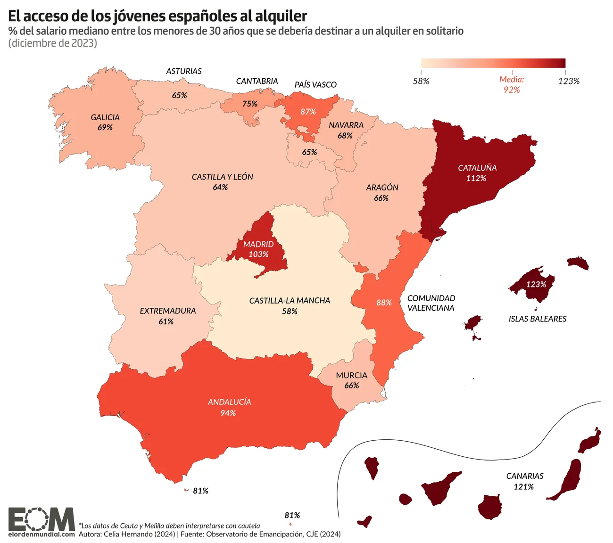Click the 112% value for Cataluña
476,178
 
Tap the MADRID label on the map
258,244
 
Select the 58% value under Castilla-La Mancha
290,311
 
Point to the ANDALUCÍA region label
229,402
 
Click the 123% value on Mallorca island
536,284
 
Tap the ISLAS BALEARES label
537,319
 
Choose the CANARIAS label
525,476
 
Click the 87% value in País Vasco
308,112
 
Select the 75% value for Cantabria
250,104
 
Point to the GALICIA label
105,117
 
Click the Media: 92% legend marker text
512,84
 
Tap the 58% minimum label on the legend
421,81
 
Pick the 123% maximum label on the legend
569,81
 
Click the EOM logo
41,519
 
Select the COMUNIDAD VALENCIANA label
431,303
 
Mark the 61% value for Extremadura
166,321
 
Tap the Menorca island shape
578,263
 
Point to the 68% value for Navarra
345,136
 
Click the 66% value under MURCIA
351,386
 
